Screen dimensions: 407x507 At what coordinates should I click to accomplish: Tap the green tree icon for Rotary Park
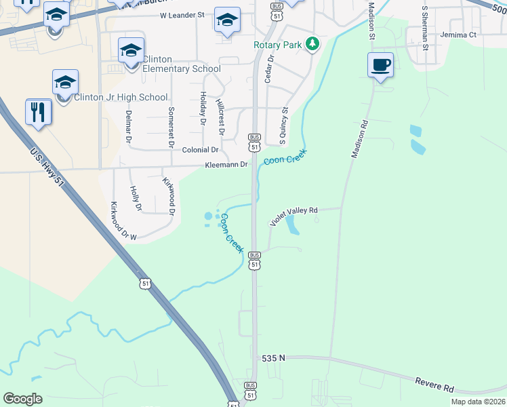click(x=312, y=45)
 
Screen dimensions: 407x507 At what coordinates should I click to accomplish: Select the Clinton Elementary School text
click(x=181, y=69)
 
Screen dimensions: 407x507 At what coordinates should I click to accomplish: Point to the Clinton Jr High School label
click(x=120, y=97)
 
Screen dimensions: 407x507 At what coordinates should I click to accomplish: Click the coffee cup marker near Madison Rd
click(x=380, y=66)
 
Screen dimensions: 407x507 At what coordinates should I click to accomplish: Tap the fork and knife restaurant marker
click(x=39, y=112)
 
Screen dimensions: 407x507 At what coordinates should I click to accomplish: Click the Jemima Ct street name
click(x=458, y=35)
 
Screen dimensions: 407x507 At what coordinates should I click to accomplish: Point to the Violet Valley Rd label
click(x=294, y=216)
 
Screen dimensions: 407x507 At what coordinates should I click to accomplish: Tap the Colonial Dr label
click(x=201, y=149)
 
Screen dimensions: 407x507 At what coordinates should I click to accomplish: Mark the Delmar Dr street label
click(x=129, y=127)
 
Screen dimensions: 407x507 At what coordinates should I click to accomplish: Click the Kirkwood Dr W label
click(x=123, y=221)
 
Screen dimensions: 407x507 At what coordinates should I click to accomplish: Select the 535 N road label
click(x=275, y=356)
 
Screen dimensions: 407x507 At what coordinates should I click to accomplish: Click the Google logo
click(x=23, y=399)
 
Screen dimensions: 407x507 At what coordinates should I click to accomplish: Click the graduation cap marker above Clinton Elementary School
click(x=131, y=50)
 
